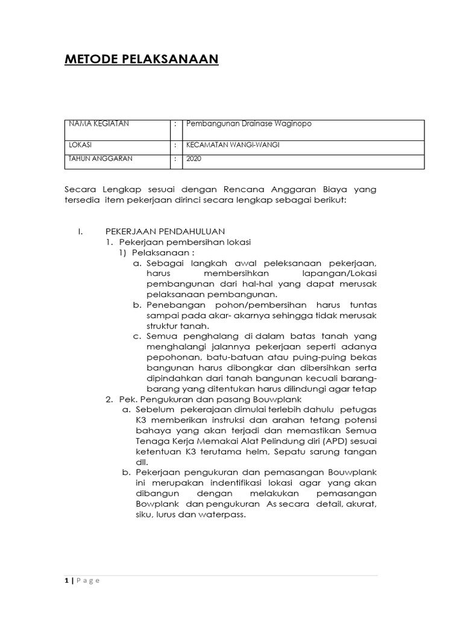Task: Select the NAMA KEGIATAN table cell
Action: click(99, 124)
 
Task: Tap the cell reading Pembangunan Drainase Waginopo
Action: click(250, 124)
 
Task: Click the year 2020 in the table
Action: click(194, 159)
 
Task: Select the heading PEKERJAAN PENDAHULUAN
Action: click(165, 231)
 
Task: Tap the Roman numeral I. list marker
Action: click(80, 231)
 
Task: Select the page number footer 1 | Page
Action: click(82, 581)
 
